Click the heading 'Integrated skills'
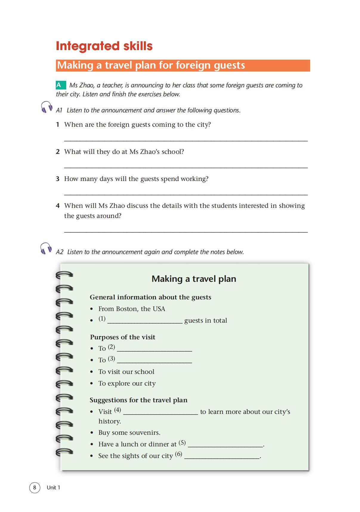tap(104, 46)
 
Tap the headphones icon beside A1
tap(46, 107)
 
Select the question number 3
tap(58, 179)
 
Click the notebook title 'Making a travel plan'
tap(194, 279)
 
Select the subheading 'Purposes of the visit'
tap(123, 337)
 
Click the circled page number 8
tap(35, 488)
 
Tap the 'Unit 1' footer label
tap(53, 488)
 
